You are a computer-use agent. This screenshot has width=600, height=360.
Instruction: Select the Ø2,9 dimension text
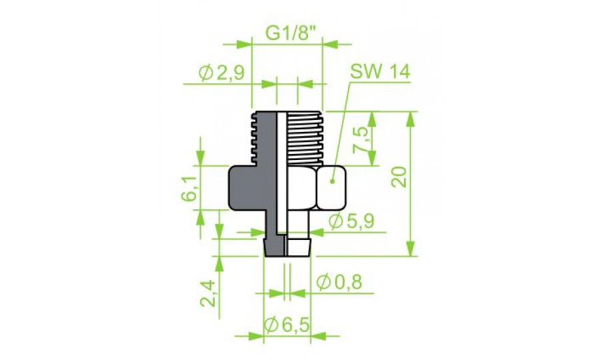221,73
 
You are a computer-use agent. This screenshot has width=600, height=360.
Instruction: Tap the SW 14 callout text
380,71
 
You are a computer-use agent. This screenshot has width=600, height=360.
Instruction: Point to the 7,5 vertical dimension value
361,140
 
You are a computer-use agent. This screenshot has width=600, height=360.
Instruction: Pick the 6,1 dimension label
189,189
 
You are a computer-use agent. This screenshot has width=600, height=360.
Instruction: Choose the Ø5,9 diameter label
351,221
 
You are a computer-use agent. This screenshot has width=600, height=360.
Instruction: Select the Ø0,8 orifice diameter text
339,283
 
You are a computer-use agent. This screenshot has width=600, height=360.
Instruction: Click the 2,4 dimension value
208,293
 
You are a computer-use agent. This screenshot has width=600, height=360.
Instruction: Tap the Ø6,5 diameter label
287,325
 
